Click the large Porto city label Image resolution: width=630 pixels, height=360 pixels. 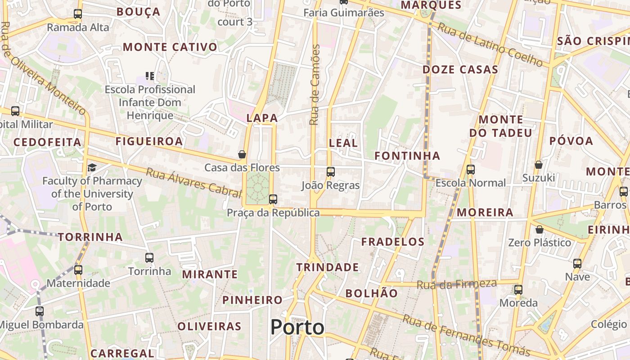pyautogui.click(x=297, y=327)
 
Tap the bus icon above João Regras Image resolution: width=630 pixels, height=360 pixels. pyautogui.click(x=331, y=171)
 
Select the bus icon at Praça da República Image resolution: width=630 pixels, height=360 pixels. pyautogui.click(x=273, y=199)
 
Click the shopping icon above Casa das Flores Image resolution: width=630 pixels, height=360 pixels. pyautogui.click(x=242, y=154)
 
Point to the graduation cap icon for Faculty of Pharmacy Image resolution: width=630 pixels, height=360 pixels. pyautogui.click(x=92, y=167)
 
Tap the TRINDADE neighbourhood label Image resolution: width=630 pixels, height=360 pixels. pyautogui.click(x=328, y=267)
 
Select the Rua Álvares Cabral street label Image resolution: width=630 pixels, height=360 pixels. pyautogui.click(x=193, y=182)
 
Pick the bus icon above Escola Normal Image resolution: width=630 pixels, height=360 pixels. pyautogui.click(x=471, y=170)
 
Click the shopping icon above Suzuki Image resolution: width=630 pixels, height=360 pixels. pyautogui.click(x=538, y=165)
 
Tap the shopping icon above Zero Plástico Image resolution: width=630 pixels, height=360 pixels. pyautogui.click(x=539, y=229)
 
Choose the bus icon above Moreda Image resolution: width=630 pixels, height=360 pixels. pyautogui.click(x=518, y=289)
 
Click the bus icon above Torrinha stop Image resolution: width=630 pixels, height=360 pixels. pyautogui.click(x=149, y=258)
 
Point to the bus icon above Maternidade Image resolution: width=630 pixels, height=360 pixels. pyautogui.click(x=78, y=270)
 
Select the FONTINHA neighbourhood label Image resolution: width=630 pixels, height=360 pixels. pyautogui.click(x=407, y=156)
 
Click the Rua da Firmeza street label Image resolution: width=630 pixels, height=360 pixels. pyautogui.click(x=456, y=284)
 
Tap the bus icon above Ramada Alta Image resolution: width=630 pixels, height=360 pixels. pyautogui.click(x=78, y=14)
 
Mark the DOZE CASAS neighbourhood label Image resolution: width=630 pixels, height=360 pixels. pyautogui.click(x=460, y=69)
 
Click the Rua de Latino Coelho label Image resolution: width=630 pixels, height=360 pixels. pyautogui.click(x=490, y=45)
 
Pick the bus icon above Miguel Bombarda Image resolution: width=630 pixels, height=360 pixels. pyautogui.click(x=40, y=311)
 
